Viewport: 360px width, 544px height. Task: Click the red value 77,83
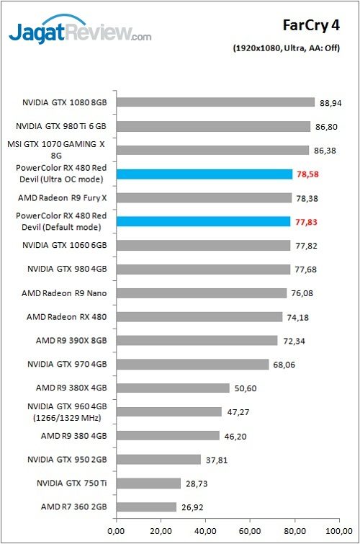coord(306,222)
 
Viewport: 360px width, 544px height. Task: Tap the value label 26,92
coord(192,507)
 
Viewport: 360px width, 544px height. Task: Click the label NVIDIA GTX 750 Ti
coord(67,483)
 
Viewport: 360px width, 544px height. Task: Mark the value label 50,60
coord(245,388)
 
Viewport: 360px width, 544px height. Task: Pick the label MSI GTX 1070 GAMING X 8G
coord(66,149)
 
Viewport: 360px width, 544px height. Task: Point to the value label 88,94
coord(330,103)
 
